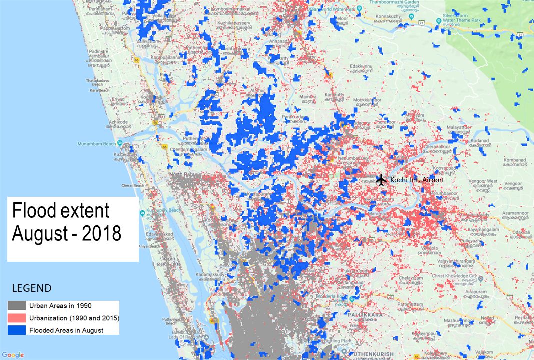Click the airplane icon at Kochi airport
[x=381, y=179]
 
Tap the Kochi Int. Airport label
[x=417, y=180]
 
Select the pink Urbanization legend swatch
[x=17, y=318]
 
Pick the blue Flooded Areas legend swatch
[x=17, y=330]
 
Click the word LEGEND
[x=31, y=288]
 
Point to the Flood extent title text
[x=66, y=221]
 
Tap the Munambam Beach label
[x=97, y=144]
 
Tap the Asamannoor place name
[x=512, y=213]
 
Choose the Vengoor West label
[x=484, y=181]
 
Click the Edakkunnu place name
[x=363, y=66]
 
